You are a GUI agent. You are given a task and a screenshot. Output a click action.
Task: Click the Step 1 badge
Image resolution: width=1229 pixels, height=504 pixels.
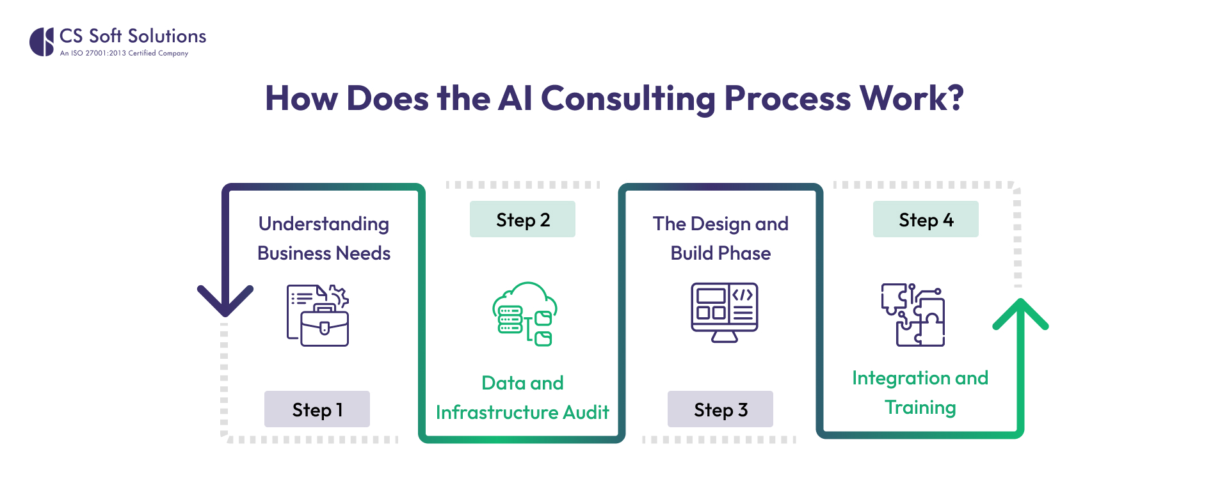point(317,409)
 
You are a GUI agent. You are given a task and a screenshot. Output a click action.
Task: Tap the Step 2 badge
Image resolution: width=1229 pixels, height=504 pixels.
point(522,219)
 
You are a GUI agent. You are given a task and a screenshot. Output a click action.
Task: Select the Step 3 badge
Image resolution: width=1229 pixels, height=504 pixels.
point(720,409)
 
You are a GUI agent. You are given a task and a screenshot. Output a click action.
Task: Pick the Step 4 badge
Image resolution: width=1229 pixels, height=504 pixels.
point(926,219)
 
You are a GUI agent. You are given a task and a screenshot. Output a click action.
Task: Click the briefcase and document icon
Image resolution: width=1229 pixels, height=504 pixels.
point(318,315)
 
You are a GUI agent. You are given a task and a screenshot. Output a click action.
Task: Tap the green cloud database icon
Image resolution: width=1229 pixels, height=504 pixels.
point(524,314)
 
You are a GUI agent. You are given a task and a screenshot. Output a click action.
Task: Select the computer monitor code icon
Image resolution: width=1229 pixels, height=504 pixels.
point(724,312)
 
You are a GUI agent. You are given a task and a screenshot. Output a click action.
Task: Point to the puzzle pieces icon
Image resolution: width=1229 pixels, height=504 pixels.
point(913,315)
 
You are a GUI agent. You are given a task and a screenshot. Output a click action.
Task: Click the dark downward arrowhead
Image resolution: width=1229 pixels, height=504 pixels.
point(225,300)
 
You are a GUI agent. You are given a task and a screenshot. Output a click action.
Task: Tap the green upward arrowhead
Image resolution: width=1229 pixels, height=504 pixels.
point(1020,314)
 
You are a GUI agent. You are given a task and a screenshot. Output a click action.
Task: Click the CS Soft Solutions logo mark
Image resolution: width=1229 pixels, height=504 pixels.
point(42,42)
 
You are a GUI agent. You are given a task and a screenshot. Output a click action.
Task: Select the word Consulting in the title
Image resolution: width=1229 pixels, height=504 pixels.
point(628,98)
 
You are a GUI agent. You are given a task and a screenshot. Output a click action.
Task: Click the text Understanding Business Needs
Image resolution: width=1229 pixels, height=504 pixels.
point(324,238)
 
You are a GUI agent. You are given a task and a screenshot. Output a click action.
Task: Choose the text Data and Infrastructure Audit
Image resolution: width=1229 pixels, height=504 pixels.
point(522,397)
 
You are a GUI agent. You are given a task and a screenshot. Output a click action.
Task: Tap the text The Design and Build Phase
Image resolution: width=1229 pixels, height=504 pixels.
point(721,238)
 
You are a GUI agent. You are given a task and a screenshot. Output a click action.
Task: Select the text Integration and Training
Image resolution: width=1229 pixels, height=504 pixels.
point(920,392)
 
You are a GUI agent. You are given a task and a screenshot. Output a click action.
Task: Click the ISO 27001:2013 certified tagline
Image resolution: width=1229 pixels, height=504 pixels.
point(124,53)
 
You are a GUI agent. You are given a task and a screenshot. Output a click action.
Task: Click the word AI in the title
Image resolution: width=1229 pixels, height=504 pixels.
point(515,98)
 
